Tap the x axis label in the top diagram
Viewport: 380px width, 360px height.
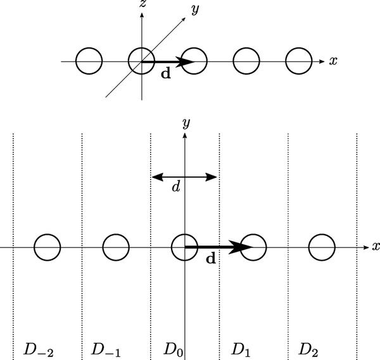[x=333, y=61]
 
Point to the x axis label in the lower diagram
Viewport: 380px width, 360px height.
[x=376, y=247]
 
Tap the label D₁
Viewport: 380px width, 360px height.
[x=240, y=349]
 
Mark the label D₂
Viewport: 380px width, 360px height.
[x=308, y=349]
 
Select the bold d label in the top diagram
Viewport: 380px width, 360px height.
[x=165, y=74]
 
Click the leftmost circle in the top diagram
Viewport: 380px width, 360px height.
[x=89, y=61]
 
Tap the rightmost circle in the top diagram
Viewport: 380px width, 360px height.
[x=298, y=61]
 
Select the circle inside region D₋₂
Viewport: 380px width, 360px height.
[x=47, y=247]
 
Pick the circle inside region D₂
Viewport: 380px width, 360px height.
[x=322, y=247]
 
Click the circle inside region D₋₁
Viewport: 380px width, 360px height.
[x=116, y=247]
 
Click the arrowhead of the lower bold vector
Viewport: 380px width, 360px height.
[x=237, y=247]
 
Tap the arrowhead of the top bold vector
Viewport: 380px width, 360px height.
[x=186, y=61]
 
